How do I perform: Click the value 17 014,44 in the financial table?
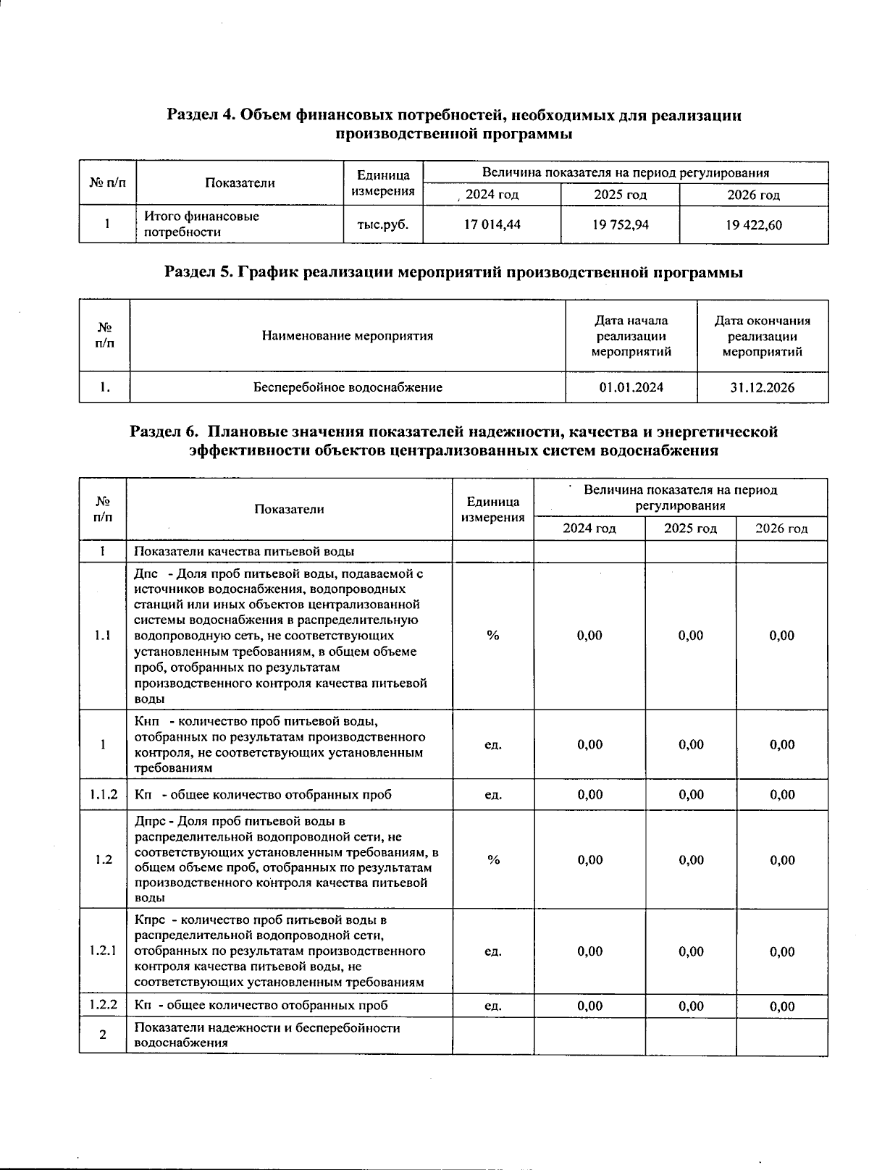tap(492, 224)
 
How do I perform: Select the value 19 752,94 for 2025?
tap(620, 224)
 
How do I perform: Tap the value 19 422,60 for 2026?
tap(753, 224)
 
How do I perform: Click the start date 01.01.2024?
tap(631, 387)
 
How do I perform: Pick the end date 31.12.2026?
tap(762, 387)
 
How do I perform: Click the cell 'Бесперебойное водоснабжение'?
tap(348, 387)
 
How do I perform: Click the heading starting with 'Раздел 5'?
tap(454, 272)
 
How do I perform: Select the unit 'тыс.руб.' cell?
tap(383, 224)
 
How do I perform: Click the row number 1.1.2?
tap(104, 794)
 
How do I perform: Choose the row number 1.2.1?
tap(104, 951)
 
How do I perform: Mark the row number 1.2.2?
tap(104, 1005)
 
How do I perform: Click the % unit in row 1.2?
tap(493, 859)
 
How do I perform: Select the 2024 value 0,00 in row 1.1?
tap(589, 635)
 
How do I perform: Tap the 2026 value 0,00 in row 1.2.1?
tap(782, 951)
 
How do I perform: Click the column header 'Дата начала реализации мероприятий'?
tap(631, 336)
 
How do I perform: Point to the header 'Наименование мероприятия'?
tap(348, 336)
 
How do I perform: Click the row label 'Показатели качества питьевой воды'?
tap(244, 551)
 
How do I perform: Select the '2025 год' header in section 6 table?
tap(690, 528)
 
